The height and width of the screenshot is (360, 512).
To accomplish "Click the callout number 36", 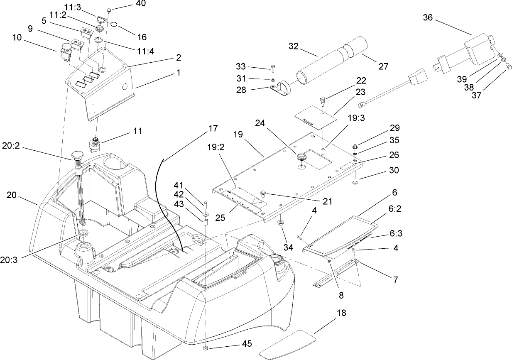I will click(x=428, y=17).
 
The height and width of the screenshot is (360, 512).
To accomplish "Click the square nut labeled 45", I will click(x=207, y=347).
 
